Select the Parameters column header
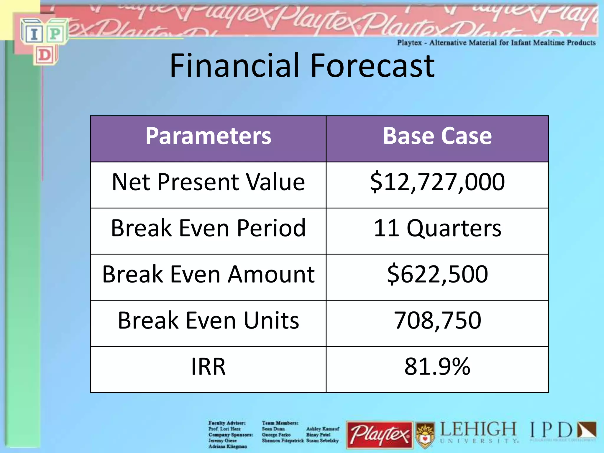(x=208, y=136)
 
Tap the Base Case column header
(x=437, y=136)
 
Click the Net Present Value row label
(x=208, y=182)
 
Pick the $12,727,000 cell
(x=437, y=182)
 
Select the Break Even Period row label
(x=208, y=228)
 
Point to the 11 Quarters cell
(x=437, y=228)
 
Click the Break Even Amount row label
(x=208, y=274)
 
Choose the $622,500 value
(x=437, y=274)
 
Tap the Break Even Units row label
(x=208, y=320)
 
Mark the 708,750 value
(x=437, y=320)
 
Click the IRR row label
(x=208, y=367)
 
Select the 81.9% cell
(x=437, y=367)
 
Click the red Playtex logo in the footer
(x=380, y=435)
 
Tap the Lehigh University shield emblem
(x=425, y=435)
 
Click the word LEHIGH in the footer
(x=478, y=429)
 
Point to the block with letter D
(x=45, y=55)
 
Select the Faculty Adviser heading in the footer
(x=227, y=423)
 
